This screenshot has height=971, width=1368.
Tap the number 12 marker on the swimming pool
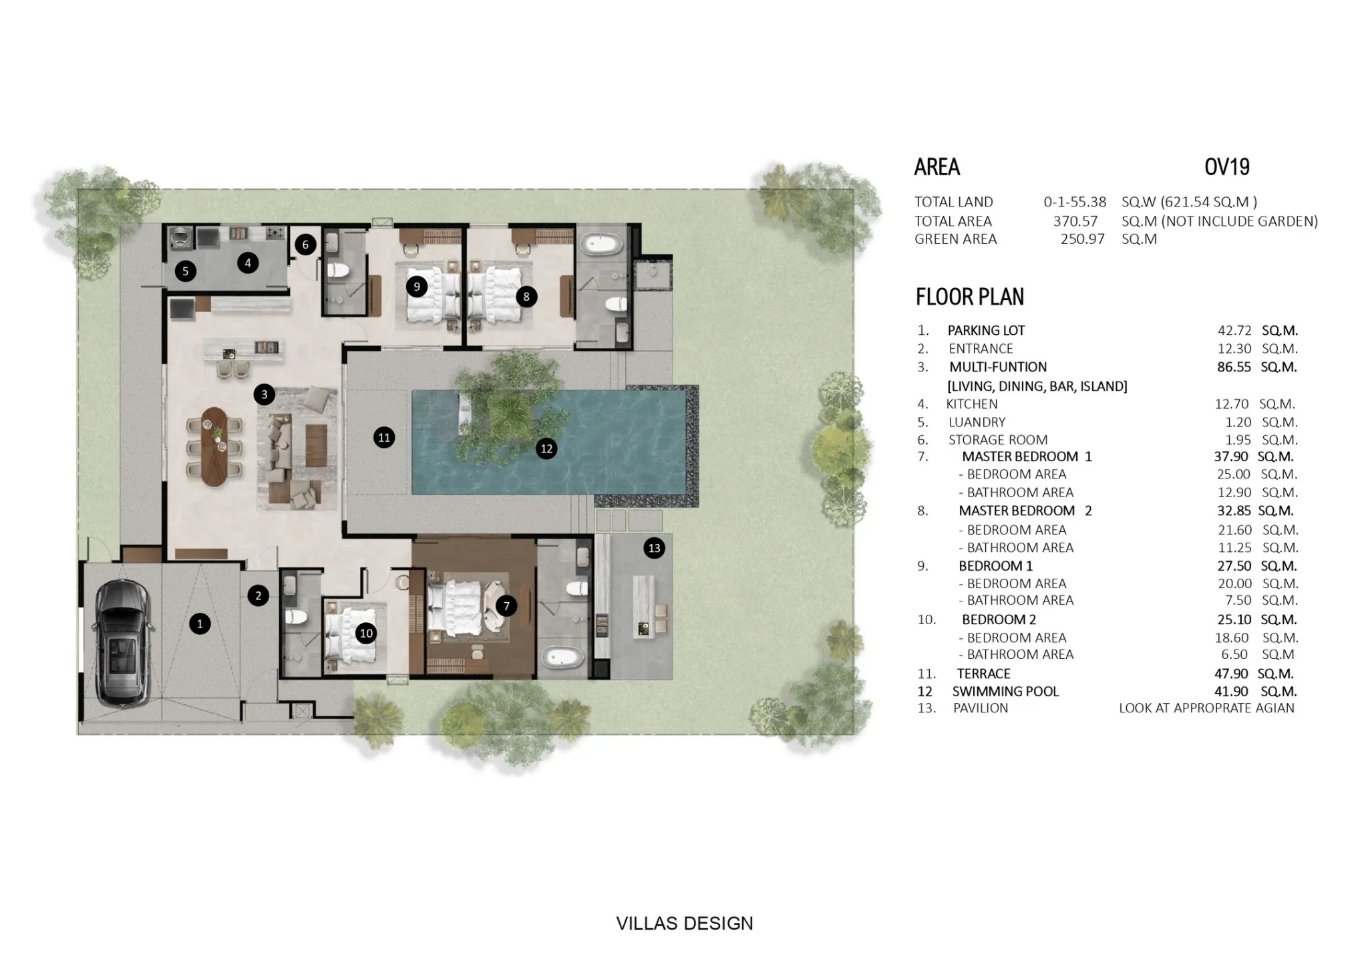coord(546,448)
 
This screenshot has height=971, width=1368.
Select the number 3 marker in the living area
coord(264,394)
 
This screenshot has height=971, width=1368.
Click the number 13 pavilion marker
coord(654,549)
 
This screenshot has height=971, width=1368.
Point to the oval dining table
coord(214,446)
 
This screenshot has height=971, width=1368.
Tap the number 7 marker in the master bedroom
coord(506,606)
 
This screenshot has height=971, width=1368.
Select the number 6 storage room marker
coord(305,245)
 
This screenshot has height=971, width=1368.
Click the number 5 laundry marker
coord(185,271)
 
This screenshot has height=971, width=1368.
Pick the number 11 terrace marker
coord(384,438)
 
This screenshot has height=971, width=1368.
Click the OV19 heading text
coord(1227,167)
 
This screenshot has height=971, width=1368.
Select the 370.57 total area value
coord(1075,221)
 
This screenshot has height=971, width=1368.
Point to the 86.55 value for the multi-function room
coord(1234,367)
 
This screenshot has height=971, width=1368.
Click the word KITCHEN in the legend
coord(972,404)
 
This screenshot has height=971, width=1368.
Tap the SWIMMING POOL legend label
coord(1005,692)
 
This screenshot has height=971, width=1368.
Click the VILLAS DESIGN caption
coord(684,924)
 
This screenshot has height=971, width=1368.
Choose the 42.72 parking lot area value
coord(1234,330)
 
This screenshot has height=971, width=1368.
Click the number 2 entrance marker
coord(259,595)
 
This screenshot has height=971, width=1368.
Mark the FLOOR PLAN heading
coord(970,297)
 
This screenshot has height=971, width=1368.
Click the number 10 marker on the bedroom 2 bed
coord(366,634)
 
